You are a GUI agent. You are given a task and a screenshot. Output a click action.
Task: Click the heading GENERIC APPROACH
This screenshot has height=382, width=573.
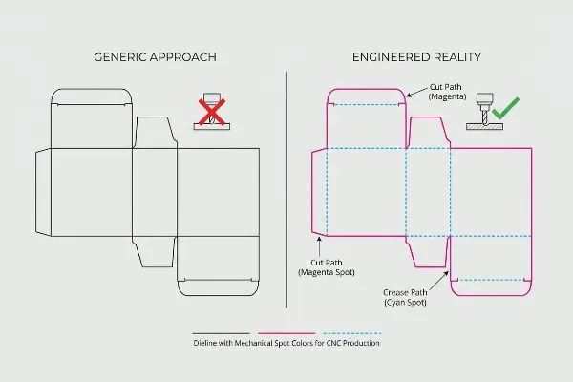pyautogui.click(x=156, y=57)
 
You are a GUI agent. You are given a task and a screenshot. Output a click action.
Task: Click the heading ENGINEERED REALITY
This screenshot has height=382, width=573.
pyautogui.click(x=416, y=57)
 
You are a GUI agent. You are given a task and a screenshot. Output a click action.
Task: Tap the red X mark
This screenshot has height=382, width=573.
pyautogui.click(x=212, y=112)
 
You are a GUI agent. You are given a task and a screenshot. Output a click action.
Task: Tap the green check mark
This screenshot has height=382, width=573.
pyautogui.click(x=506, y=108)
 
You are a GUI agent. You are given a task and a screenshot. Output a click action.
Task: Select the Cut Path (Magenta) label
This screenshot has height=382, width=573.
pyautogui.click(x=447, y=92)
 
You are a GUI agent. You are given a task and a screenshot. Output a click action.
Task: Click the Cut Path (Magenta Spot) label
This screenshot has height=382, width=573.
pyautogui.click(x=327, y=267)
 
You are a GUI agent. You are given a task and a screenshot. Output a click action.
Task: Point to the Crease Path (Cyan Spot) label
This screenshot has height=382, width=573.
pyautogui.click(x=405, y=298)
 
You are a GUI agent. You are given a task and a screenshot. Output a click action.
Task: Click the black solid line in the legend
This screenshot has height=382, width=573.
pyautogui.click(x=222, y=333)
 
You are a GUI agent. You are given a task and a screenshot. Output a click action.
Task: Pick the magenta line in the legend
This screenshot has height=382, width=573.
pyautogui.click(x=286, y=333)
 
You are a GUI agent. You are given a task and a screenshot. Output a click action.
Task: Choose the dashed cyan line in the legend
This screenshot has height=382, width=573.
pyautogui.click(x=351, y=333)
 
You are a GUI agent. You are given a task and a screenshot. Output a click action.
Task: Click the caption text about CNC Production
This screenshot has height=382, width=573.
pyautogui.click(x=286, y=343)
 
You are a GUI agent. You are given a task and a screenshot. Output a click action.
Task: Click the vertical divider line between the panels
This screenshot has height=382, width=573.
pyautogui.click(x=286, y=189)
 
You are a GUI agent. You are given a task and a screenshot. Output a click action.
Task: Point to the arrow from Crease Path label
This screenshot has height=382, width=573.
pyautogui.click(x=439, y=281)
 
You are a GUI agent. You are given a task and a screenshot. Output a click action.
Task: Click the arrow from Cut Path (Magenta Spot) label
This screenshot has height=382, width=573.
pyautogui.click(x=319, y=246)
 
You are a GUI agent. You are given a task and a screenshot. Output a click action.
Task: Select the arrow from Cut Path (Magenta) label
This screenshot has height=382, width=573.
pyautogui.click(x=417, y=93)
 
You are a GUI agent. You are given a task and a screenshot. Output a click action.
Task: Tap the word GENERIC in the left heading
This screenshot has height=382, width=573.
pyautogui.click(x=120, y=57)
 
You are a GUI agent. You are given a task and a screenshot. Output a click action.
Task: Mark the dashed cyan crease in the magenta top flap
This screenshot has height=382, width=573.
pyautogui.click(x=367, y=105)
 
